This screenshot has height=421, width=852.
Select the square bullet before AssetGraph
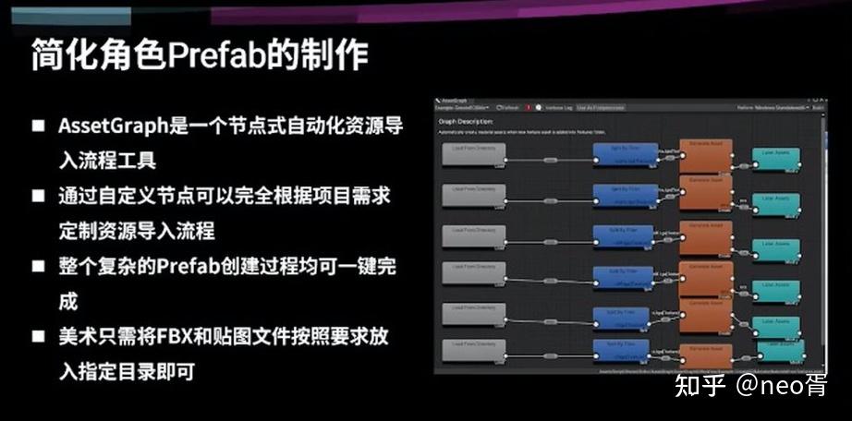pos(38,126)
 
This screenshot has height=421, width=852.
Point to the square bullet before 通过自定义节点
pos(38,196)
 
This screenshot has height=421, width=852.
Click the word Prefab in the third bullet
pos(186,267)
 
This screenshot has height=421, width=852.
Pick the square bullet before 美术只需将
pos(38,337)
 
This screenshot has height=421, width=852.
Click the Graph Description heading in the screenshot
pos(466,121)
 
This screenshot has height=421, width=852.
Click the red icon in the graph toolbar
pos(528,108)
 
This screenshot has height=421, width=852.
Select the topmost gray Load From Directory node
pos(475,155)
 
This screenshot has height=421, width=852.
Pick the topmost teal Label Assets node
pos(774,156)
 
